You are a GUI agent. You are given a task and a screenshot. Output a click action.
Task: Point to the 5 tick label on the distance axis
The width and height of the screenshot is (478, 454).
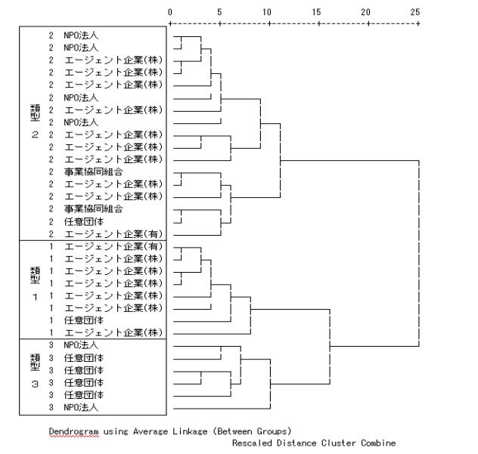point(219,12)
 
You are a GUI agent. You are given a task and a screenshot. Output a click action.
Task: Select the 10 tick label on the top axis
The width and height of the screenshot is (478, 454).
point(267,12)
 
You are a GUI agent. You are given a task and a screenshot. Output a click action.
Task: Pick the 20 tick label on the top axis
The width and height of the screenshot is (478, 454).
point(367,12)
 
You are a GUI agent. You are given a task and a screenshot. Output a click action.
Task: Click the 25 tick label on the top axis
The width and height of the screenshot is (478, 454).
point(415,12)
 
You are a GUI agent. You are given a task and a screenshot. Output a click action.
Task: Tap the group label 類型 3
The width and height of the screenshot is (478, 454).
point(34,371)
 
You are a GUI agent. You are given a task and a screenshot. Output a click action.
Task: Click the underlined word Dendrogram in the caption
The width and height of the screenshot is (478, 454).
point(70,431)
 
